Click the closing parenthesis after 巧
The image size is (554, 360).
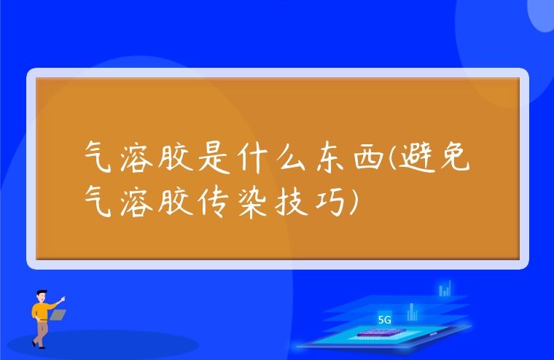[354, 199]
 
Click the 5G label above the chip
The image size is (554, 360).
[385, 319]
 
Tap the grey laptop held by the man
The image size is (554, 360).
[58, 315]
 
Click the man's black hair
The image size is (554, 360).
[42, 293]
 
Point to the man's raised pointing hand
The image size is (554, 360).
[63, 298]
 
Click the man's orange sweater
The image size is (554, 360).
[41, 311]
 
